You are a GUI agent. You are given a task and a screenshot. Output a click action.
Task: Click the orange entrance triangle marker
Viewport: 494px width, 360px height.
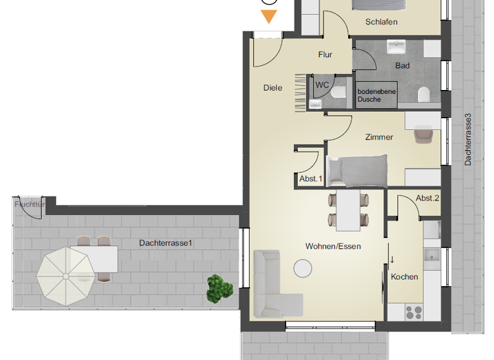click(x=269, y=17)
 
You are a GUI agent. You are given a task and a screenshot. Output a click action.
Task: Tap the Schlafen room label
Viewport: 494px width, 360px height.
click(x=381, y=22)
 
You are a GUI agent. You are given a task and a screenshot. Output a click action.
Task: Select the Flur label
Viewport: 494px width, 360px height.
click(x=325, y=55)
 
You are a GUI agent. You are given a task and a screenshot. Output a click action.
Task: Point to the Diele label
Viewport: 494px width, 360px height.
click(x=273, y=88)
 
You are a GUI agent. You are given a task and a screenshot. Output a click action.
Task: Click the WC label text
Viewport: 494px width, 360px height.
click(x=322, y=85)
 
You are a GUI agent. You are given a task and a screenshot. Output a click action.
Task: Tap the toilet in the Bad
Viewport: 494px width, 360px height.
click(x=423, y=95)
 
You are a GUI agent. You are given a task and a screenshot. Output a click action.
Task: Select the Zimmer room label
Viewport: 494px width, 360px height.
click(x=379, y=137)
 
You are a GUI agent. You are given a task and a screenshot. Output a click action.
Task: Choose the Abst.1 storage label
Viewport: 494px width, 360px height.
click(x=310, y=179)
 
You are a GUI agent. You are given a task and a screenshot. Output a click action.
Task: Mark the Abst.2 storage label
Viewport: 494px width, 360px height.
click(x=428, y=198)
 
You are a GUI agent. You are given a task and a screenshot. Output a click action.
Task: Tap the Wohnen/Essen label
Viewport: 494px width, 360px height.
click(x=333, y=246)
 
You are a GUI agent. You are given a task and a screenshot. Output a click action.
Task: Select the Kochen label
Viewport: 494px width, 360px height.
click(x=405, y=277)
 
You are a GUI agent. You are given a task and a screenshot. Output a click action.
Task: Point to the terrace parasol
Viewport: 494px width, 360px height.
click(x=65, y=276)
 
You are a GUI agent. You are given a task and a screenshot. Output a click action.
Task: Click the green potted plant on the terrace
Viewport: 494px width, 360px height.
click(x=219, y=287)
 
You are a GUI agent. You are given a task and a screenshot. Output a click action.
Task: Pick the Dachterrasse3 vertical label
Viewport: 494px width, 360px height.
click(x=468, y=140)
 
